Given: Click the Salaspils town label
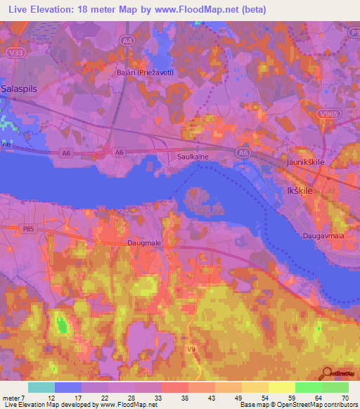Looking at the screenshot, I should pyautogui.click(x=20, y=89).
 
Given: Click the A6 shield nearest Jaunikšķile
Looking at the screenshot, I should pyautogui.click(x=243, y=152).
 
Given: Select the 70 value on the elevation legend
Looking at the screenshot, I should pyautogui.click(x=344, y=398).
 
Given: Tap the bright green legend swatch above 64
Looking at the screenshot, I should pyautogui.click(x=307, y=387).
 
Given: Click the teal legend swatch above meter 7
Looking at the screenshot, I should pyautogui.click(x=41, y=387).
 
